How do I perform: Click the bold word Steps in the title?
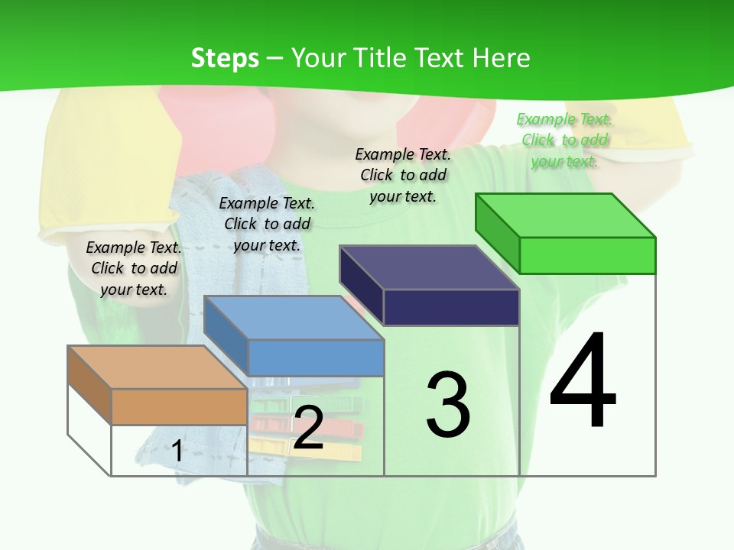tap(225, 58)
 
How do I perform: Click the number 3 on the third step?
tap(448, 405)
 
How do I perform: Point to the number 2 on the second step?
tap(308, 428)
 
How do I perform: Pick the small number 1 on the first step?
tap(177, 451)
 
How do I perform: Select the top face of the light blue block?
tap(294, 318)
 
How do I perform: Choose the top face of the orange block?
tap(158, 367)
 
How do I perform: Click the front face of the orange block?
tap(179, 406)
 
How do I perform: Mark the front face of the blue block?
tap(316, 357)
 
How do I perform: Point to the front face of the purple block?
tap(451, 308)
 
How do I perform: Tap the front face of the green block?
tap(587, 255)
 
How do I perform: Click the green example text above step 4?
tap(564, 140)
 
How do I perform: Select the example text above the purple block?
tap(403, 175)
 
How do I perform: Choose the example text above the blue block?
tap(267, 224)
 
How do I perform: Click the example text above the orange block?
tap(134, 268)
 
